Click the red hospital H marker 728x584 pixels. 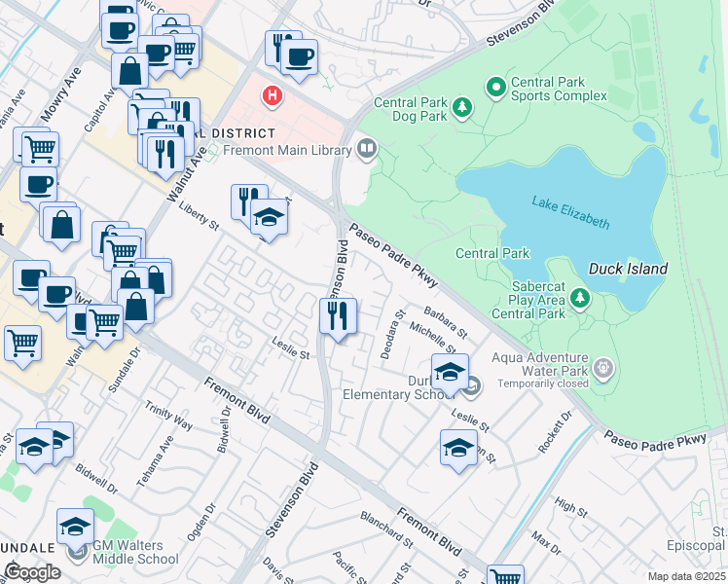coord(273,96)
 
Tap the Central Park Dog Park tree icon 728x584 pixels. coord(464,105)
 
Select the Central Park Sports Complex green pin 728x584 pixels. coord(495,88)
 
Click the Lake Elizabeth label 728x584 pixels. coord(570,212)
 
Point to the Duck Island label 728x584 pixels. coord(628,269)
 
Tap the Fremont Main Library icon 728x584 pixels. coord(367,149)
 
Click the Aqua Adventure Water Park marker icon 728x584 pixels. coord(604,367)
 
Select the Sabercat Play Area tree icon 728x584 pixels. coord(580,297)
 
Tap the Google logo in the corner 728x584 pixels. coord(32,572)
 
